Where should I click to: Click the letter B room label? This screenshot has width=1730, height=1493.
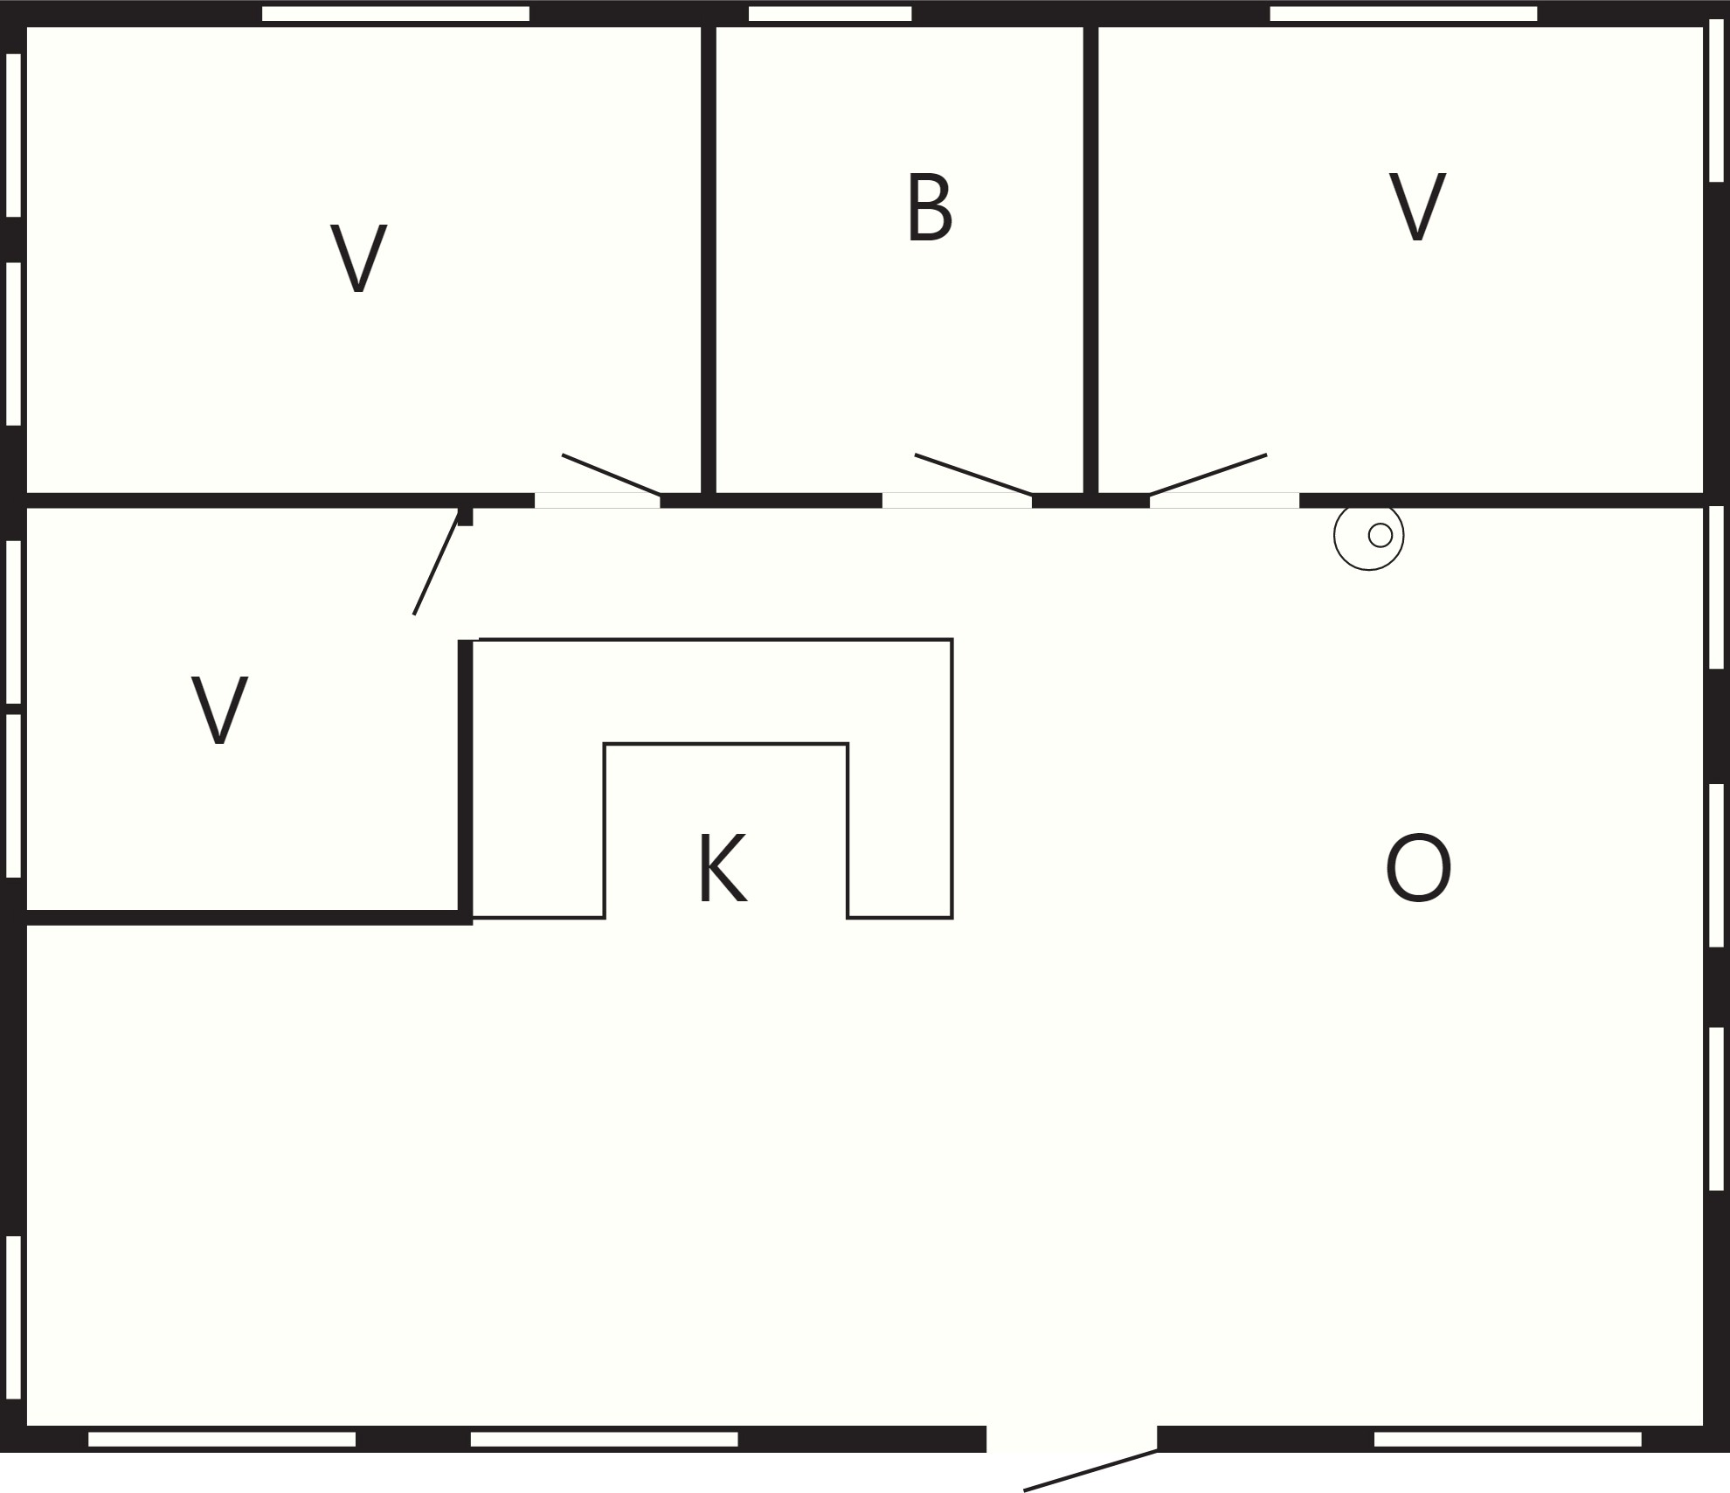click(929, 207)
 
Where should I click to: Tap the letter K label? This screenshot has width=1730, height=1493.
click(722, 868)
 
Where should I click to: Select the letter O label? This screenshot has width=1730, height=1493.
click(1418, 868)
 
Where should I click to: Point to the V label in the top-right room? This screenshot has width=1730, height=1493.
click(1417, 207)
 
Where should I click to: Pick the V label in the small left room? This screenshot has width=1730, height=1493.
click(219, 711)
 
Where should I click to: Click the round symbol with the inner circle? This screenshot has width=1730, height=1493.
click(1368, 536)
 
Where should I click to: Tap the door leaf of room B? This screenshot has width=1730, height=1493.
click(973, 475)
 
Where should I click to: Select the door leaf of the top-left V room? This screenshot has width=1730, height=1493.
click(611, 475)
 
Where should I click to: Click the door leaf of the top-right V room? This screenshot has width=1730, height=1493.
click(1208, 475)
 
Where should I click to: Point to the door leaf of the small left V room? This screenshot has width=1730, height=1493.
click(436, 563)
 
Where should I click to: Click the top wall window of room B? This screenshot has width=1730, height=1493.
click(830, 14)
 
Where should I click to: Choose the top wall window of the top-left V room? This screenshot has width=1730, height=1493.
click(396, 14)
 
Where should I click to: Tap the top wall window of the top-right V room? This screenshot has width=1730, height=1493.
click(1403, 14)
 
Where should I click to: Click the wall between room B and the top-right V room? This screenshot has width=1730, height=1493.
click(1090, 260)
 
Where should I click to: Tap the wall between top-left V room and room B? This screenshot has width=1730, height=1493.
click(709, 260)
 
